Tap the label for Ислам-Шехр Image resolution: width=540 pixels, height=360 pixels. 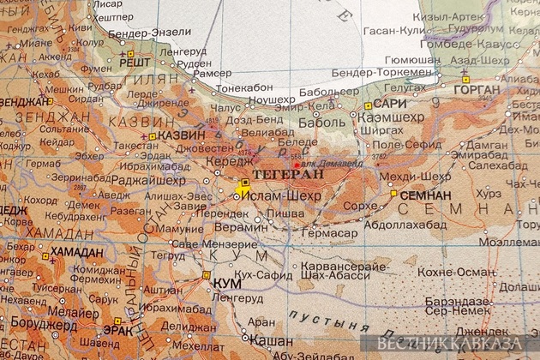pos(281,196)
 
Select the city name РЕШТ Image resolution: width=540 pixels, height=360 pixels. pos(135,62)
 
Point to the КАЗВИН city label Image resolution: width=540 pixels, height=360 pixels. pos(182,135)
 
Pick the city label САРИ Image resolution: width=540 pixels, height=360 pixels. pos(388,105)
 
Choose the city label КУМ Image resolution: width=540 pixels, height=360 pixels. pos(226,282)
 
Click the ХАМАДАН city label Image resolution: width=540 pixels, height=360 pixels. pos(75,252)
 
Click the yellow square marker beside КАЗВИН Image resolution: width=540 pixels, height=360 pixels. pos(153,136)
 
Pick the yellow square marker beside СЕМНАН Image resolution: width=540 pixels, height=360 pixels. pos(394,195)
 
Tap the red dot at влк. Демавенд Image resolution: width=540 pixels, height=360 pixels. pos(297,164)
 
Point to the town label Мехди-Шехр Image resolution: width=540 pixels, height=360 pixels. pos(402,176)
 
